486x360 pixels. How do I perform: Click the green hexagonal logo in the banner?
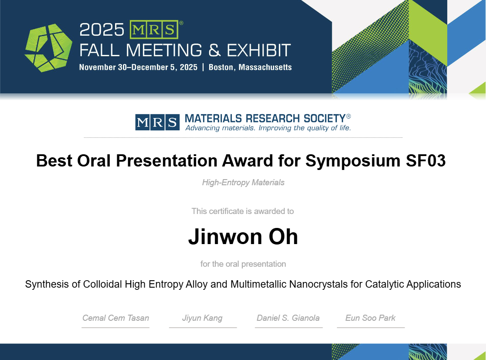[48, 48]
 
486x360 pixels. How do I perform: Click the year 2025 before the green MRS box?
[102, 30]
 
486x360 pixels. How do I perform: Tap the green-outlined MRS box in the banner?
[154, 30]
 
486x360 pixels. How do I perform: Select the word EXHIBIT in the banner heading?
[259, 51]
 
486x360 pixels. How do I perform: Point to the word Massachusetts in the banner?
[265, 67]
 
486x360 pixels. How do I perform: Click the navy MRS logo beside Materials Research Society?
[157, 122]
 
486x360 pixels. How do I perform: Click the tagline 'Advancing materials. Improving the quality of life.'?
[268, 128]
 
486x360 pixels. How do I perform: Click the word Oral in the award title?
[94, 160]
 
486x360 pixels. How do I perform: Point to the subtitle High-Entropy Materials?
[243, 183]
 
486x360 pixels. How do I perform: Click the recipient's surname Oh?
[283, 237]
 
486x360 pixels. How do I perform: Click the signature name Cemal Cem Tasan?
[116, 318]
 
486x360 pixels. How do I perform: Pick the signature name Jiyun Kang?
[202, 318]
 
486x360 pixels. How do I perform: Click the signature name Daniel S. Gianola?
[288, 318]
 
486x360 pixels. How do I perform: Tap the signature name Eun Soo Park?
[370, 318]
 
